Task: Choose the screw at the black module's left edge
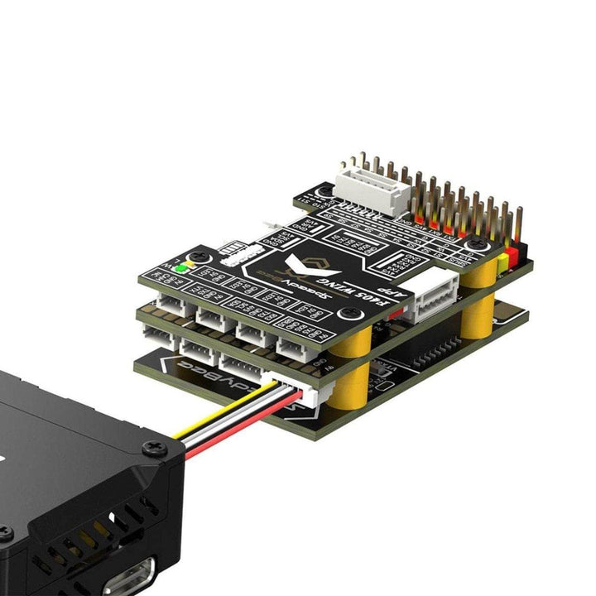[4, 534]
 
